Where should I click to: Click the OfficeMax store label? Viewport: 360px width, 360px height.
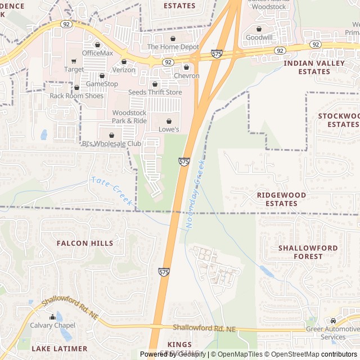coord(98,53)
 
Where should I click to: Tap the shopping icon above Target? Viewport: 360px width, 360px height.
coord(74,61)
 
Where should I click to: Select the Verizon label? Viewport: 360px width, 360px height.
coord(124,70)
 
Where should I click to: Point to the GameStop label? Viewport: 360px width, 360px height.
coord(102,84)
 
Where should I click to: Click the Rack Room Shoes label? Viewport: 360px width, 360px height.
coord(76,96)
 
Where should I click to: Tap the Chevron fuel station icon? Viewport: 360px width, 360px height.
coord(186,67)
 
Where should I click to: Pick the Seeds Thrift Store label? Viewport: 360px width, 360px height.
coord(155,92)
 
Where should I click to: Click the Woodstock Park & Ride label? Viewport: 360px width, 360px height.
coord(129,117)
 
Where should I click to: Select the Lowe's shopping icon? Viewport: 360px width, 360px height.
coord(169,121)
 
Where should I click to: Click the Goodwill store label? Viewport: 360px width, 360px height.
coord(259,37)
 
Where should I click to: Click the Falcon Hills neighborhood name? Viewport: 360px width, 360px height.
coord(85,243)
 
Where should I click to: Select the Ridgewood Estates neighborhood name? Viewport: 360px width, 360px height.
coord(281,199)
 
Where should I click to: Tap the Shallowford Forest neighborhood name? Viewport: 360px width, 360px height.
coord(308,252)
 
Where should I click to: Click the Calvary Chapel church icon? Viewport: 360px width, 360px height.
coord(52,317)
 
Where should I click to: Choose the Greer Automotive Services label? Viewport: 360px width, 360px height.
coord(333,333)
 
